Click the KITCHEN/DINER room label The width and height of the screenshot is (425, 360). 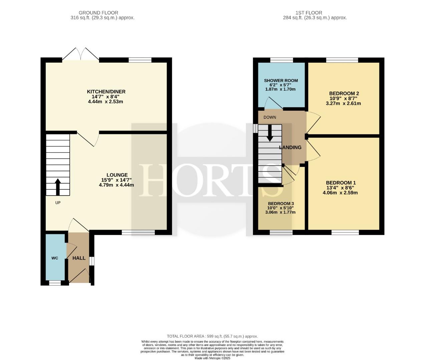(x=106, y=92)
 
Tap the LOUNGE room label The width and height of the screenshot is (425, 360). (x=117, y=175)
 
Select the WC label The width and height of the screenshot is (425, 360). (x=55, y=258)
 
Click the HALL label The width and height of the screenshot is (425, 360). (x=79, y=258)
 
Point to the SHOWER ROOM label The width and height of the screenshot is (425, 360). (x=281, y=81)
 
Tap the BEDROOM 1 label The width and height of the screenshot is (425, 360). (x=341, y=183)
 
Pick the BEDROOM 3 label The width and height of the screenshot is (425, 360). (x=281, y=203)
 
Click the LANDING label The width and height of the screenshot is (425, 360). (x=290, y=147)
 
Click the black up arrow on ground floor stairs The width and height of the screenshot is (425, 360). (x=58, y=187)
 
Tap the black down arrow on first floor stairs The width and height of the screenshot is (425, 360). (x=270, y=133)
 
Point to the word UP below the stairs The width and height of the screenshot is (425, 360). (x=58, y=203)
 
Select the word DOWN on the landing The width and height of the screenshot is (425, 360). (x=270, y=117)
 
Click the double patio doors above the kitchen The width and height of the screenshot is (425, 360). (x=81, y=54)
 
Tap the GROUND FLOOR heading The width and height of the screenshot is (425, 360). (x=98, y=13)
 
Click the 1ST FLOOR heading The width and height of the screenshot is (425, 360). (x=309, y=13)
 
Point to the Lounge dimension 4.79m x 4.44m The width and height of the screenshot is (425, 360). (x=116, y=185)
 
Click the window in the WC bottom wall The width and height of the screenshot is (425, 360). (x=55, y=283)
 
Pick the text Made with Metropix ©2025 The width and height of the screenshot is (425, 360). (x=212, y=358)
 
